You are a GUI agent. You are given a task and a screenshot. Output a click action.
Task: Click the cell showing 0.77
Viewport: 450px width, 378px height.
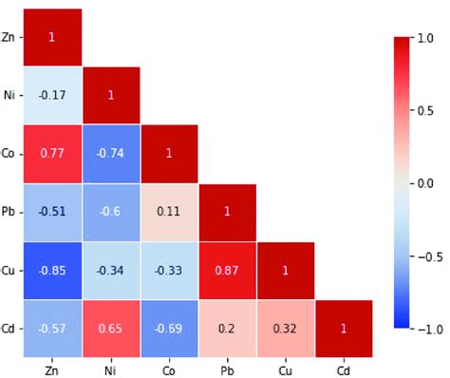(51, 153)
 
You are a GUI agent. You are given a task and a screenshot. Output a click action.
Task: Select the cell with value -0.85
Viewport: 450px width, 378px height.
(51, 269)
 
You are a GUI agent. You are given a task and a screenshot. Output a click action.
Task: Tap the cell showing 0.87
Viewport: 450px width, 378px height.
(226, 269)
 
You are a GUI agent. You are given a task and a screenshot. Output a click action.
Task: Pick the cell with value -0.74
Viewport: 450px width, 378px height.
(110, 153)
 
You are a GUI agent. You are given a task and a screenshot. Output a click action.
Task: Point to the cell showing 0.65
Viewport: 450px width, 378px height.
(110, 328)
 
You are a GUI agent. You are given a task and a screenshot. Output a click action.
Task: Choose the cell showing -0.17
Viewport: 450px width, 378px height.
(51, 95)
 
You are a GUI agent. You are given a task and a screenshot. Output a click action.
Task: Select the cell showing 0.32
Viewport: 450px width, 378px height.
(285, 328)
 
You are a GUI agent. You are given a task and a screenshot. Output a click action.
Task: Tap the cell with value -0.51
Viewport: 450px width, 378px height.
(51, 211)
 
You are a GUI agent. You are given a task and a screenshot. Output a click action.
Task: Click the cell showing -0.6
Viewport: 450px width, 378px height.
(110, 211)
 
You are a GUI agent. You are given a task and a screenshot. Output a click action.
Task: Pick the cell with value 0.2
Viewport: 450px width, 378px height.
(226, 328)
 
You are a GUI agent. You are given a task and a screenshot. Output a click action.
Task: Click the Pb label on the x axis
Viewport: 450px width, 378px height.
(226, 367)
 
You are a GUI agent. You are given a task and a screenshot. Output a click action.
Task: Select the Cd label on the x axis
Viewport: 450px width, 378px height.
(343, 367)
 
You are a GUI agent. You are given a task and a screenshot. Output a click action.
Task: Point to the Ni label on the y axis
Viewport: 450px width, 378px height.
(9, 95)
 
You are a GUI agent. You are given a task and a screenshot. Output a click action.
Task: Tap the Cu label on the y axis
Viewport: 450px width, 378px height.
(9, 269)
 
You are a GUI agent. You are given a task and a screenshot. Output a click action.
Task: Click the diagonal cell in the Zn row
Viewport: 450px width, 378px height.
(51, 37)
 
